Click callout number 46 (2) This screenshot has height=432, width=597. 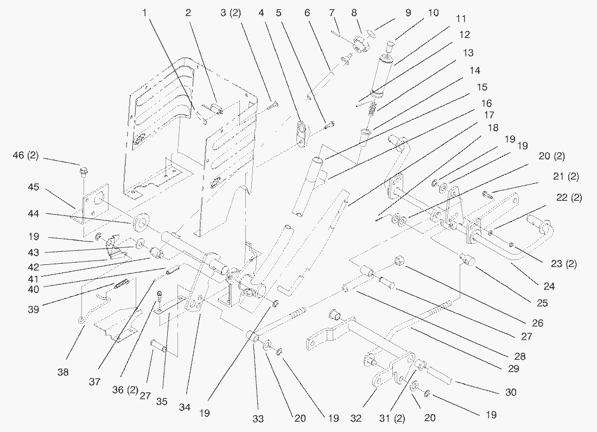point(27,157)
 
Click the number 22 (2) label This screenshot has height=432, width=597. point(569,198)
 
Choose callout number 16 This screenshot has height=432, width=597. point(485,103)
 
